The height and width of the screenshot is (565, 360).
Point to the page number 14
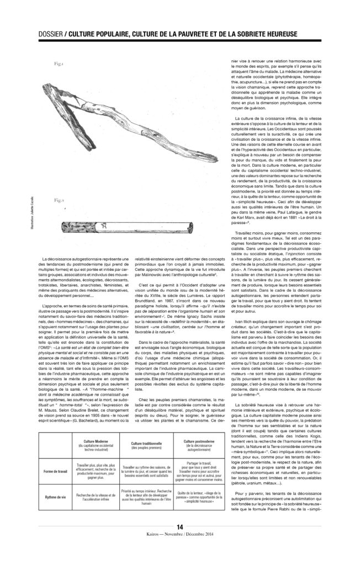point(180,543)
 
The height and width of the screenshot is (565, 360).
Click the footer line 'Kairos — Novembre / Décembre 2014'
point(180,551)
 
